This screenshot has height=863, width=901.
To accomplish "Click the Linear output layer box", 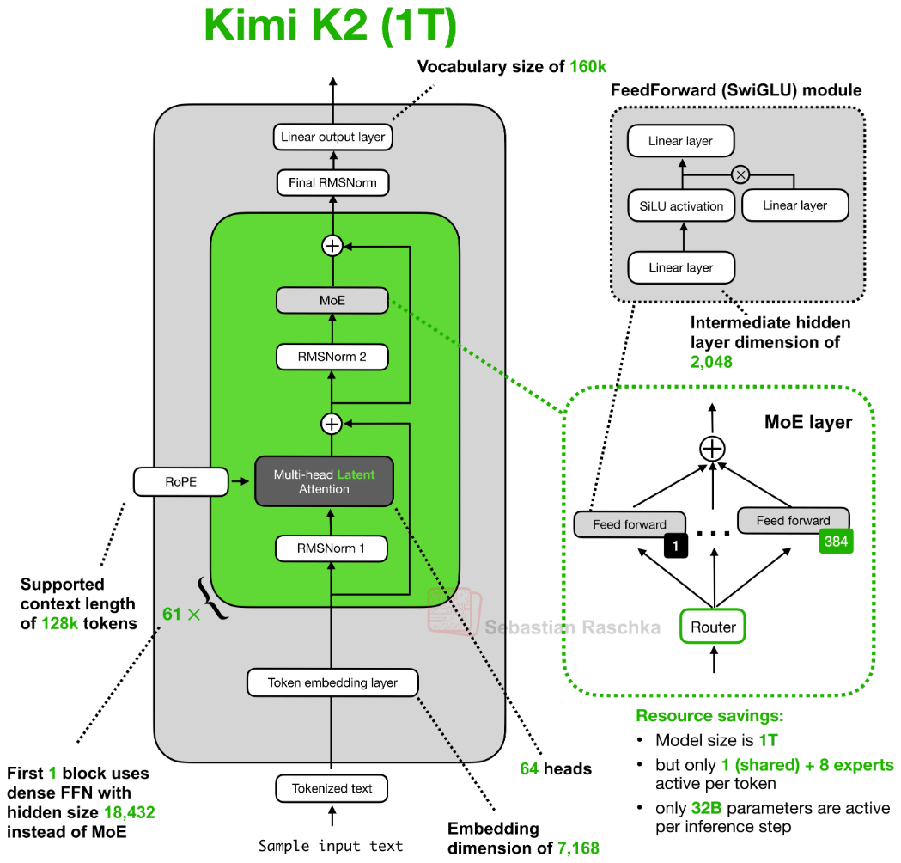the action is (332, 137).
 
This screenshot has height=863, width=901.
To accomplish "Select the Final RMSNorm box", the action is (332, 183).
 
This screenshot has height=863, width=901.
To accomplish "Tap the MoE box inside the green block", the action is (332, 300).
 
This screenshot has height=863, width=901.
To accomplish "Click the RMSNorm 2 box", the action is (332, 357).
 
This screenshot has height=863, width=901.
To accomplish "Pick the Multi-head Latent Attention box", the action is (324, 481).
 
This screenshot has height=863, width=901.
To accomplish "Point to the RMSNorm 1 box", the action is (331, 548).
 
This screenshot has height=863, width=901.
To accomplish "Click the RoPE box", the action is (181, 482).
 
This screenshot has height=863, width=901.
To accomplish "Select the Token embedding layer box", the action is (332, 682).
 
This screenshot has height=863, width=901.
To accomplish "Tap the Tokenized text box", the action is (332, 788).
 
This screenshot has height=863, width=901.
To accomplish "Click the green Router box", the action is (713, 627).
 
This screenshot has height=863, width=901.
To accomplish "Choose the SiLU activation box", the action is (681, 205).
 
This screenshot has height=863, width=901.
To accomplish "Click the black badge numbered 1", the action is (676, 546).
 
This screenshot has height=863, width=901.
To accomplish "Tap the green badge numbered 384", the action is (836, 541).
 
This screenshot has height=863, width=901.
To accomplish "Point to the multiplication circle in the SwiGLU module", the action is (740, 174).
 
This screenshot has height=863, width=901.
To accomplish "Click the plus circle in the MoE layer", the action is (713, 449).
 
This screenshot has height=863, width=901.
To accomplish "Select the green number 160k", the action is (587, 67).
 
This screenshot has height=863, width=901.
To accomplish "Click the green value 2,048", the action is (711, 362).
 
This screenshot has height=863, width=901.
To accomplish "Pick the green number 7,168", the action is (578, 848).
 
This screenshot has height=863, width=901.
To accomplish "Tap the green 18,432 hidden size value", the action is (130, 812).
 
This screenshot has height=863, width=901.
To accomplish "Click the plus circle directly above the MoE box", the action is (332, 246).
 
